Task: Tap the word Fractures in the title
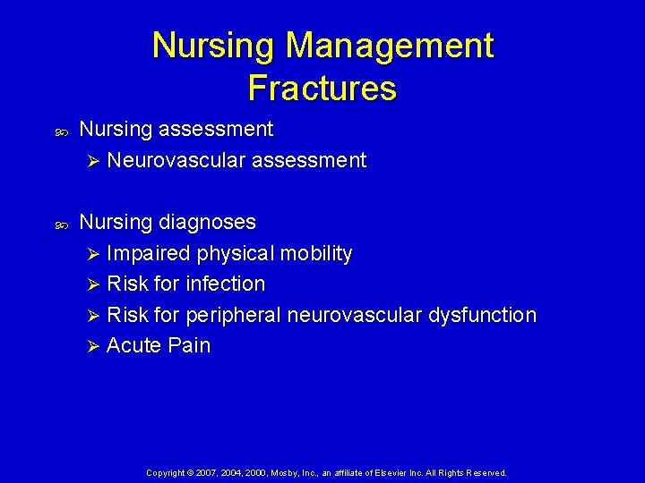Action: coord(322,88)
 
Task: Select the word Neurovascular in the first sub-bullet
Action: coord(176,161)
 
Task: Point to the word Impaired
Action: coord(149,253)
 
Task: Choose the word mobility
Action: coord(316,253)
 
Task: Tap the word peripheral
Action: coord(236,316)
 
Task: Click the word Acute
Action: coord(133,346)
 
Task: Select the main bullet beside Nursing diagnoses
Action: coord(63,224)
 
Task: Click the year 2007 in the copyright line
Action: coord(204,472)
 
